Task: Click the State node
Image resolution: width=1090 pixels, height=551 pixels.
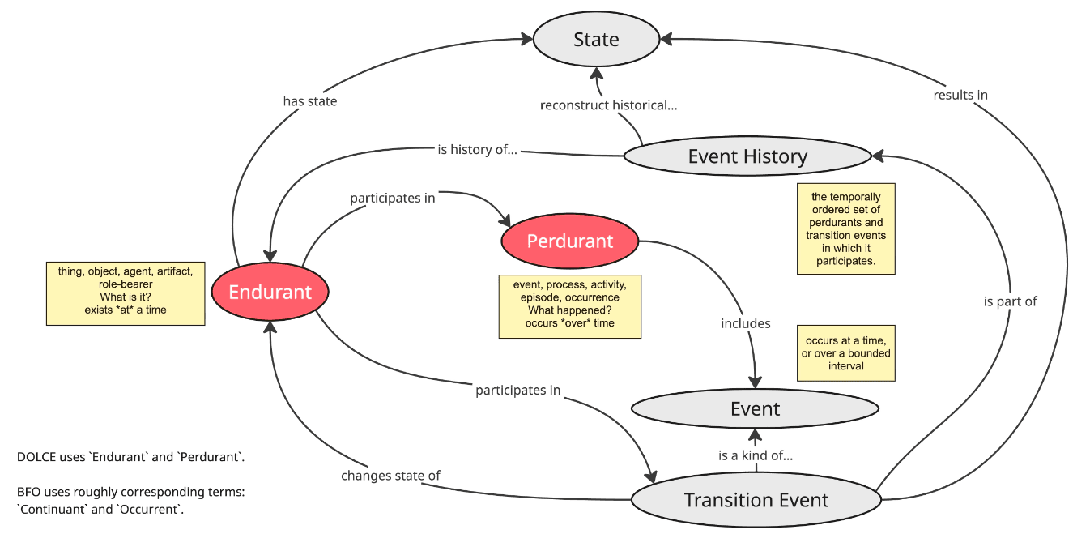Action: [x=596, y=40]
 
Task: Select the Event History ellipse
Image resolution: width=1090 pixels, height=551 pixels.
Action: [x=747, y=156]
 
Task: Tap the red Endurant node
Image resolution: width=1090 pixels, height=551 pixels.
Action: [x=270, y=293]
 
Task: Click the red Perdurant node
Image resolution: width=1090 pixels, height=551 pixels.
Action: [x=569, y=241]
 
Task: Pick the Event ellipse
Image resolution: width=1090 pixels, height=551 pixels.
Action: [x=754, y=409]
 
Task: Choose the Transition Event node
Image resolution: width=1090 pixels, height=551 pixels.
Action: [x=756, y=500]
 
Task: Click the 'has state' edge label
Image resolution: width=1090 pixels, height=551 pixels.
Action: [x=309, y=101]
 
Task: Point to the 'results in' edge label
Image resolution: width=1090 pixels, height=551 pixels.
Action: [x=960, y=95]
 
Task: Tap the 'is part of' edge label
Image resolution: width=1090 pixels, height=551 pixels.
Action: [x=1010, y=301]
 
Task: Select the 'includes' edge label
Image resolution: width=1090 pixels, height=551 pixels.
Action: [x=745, y=323]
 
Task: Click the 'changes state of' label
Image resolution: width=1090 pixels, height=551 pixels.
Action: [x=390, y=476]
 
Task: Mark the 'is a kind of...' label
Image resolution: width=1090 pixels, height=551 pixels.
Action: [x=755, y=455]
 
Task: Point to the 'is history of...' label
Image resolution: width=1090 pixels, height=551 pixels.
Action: [x=476, y=150]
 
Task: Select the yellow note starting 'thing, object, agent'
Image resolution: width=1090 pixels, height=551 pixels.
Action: [x=125, y=293]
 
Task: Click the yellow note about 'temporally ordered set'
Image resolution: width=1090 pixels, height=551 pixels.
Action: [x=845, y=229]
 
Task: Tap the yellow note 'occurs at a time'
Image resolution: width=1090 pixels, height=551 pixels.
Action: [x=845, y=353]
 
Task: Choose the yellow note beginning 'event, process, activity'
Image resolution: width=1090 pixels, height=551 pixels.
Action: [x=569, y=305]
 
